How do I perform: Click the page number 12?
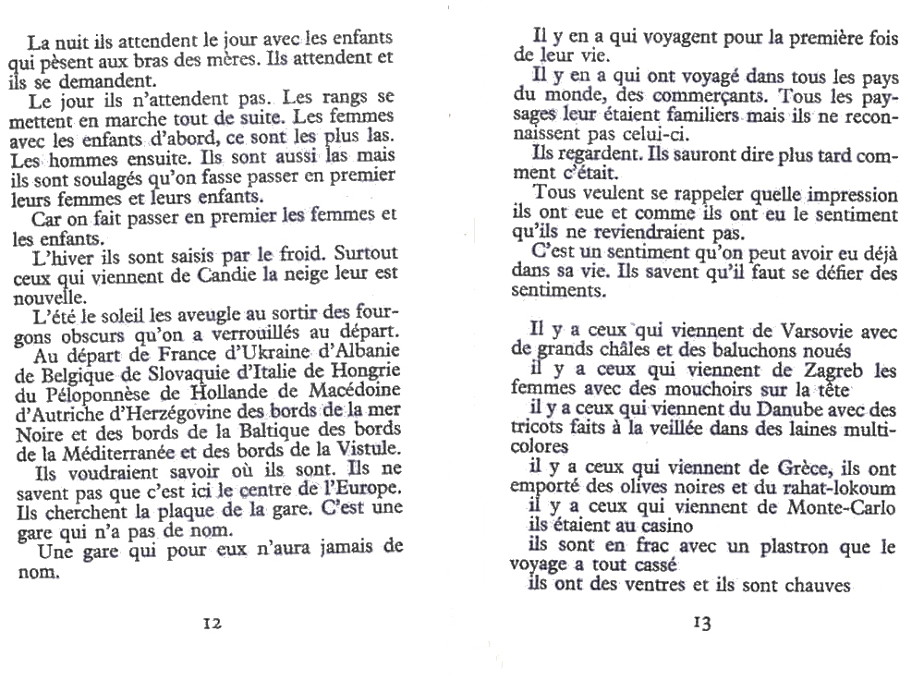[x=213, y=623]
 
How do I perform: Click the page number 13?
[x=701, y=623]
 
